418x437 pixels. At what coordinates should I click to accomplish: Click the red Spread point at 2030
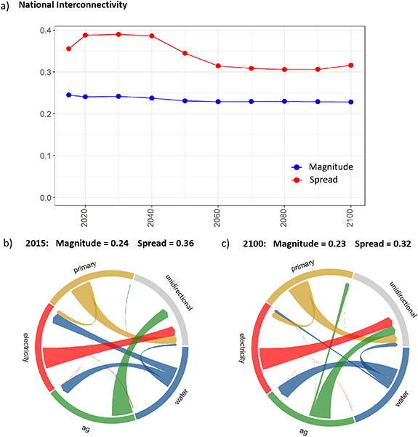tap(118, 34)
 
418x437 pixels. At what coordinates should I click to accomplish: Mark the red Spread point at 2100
tap(351, 65)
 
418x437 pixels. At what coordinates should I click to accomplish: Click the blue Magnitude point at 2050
tap(185, 101)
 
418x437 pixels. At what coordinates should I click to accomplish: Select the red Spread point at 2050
tap(185, 53)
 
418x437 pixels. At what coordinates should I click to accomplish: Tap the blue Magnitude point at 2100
tap(351, 102)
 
